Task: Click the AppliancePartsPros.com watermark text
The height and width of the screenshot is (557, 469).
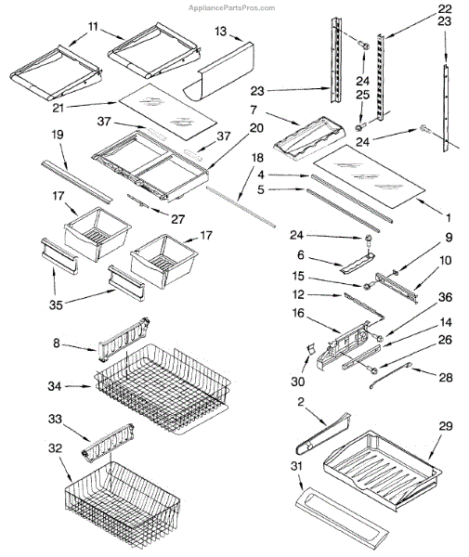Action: [231, 7]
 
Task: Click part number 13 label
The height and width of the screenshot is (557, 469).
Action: [221, 32]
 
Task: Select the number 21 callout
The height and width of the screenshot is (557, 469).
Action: [58, 108]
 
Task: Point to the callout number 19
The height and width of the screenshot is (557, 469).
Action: [58, 135]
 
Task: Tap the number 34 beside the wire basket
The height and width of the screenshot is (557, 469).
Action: [55, 386]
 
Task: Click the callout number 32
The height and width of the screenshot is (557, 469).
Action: [55, 448]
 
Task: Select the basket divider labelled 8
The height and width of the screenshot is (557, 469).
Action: [124, 340]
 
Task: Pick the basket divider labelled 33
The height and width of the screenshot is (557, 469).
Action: [109, 440]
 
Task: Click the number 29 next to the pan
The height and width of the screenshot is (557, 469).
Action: [446, 426]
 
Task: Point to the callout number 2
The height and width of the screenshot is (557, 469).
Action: [301, 402]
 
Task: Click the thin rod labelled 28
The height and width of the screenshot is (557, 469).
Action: [390, 375]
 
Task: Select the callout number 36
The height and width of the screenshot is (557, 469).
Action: [445, 297]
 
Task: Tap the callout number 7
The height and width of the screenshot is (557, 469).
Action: [254, 110]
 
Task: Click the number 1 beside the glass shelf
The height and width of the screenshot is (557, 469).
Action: [449, 218]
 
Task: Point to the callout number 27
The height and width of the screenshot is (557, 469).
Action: [177, 219]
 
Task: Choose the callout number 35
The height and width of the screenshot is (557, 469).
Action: [56, 304]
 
